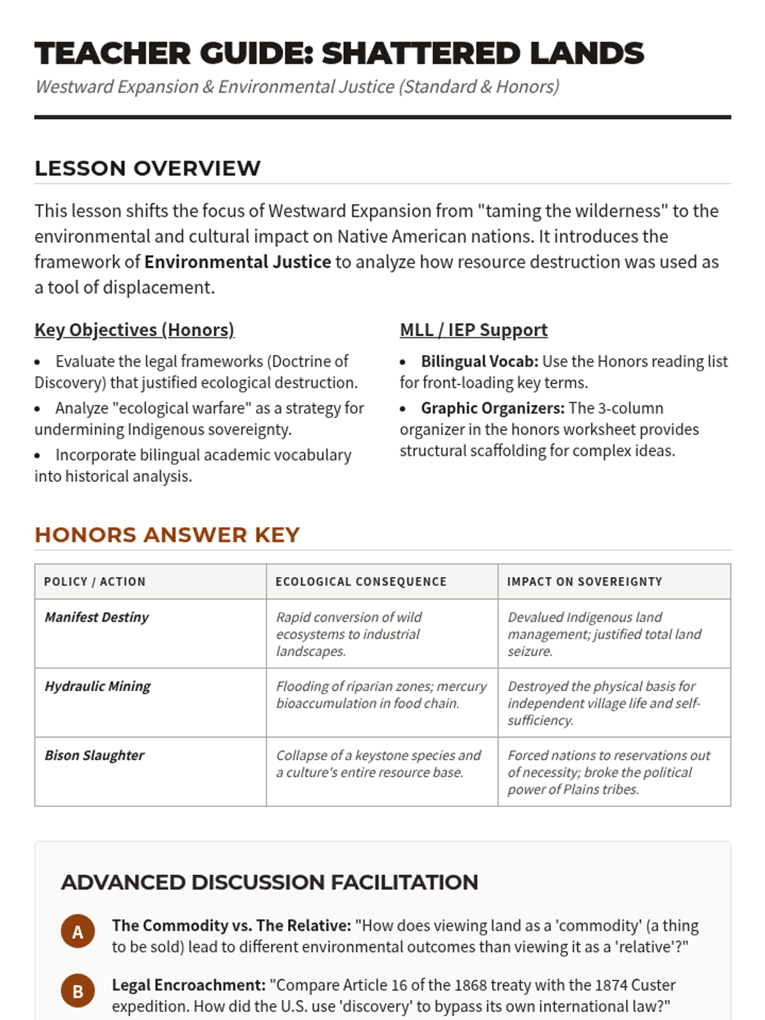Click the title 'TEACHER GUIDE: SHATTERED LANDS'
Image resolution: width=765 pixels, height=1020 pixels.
click(x=339, y=54)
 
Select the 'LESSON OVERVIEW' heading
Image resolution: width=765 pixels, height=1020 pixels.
click(x=147, y=168)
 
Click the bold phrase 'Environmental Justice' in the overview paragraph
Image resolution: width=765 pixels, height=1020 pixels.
click(x=237, y=262)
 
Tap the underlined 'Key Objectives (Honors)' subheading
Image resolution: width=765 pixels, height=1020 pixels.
click(x=135, y=330)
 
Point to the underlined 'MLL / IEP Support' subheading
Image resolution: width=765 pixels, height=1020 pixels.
click(x=473, y=330)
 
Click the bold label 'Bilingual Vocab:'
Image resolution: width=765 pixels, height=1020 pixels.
click(x=479, y=361)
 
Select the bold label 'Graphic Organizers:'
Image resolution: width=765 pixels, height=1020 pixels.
click(x=492, y=409)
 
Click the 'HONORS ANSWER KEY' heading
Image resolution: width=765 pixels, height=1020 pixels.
click(x=167, y=535)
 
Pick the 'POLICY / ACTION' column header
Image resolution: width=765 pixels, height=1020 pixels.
click(x=95, y=581)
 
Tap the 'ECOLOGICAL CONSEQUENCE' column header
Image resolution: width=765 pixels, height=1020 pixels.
click(x=361, y=581)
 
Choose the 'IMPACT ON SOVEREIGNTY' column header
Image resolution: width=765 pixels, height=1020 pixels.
click(x=585, y=581)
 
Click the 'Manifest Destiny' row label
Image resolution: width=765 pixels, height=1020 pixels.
click(x=97, y=617)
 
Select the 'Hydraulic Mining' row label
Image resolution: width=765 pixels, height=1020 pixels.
click(x=98, y=686)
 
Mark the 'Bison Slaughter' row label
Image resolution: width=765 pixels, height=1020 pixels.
click(x=94, y=755)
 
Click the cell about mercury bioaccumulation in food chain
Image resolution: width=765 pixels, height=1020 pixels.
click(x=381, y=695)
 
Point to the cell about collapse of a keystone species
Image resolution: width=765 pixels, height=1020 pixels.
click(x=378, y=764)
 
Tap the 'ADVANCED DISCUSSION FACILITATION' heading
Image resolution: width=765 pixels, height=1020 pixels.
click(x=270, y=882)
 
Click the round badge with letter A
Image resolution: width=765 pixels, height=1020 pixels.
click(x=78, y=932)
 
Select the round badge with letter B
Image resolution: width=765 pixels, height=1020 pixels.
click(x=78, y=991)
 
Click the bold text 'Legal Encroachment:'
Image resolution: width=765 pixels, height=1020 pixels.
click(x=189, y=985)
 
